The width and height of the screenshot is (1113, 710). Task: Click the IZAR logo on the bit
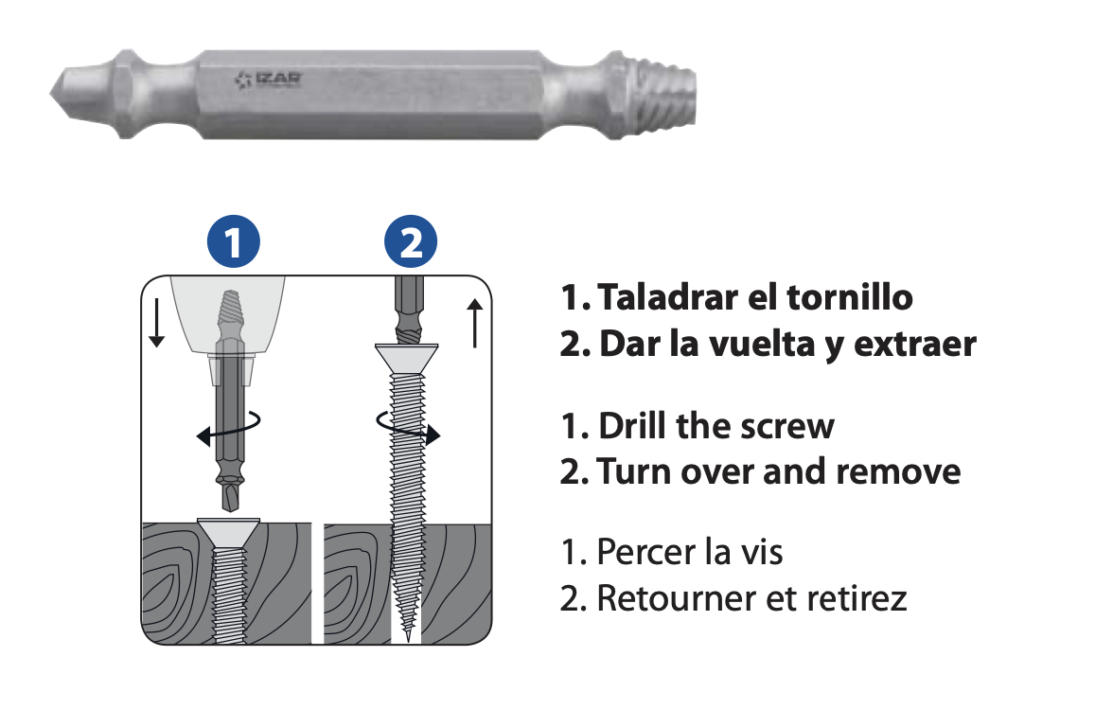pos(269,80)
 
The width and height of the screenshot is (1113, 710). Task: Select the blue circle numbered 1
pos(234,241)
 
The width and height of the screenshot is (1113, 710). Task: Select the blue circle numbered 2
pos(411,241)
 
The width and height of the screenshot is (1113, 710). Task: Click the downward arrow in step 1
pos(157,322)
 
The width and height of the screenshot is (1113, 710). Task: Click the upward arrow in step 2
pos(475,323)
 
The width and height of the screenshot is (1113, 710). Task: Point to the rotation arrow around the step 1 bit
pos(229,428)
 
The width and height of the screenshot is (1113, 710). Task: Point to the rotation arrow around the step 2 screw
pos(408,427)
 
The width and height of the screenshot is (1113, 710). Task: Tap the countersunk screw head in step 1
pos(229,532)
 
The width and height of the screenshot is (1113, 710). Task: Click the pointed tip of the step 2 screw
pos(408,639)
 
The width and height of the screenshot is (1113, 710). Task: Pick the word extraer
pos(915,344)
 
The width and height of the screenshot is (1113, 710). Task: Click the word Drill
pos(632,425)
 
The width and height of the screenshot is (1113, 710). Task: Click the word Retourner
pos(677,598)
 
